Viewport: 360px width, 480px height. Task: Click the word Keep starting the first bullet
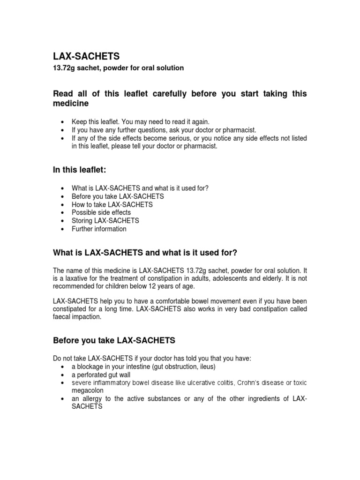[79, 121]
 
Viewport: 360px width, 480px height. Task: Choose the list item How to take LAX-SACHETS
[112, 204]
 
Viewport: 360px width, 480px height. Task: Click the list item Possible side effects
[101, 212]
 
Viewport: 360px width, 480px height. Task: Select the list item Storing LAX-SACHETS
[105, 220]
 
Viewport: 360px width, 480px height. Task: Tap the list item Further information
[98, 229]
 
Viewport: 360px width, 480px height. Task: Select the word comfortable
[160, 301]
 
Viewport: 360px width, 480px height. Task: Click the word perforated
[92, 375]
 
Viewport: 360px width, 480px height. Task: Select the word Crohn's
[250, 383]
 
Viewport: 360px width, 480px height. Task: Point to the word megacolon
[87, 390]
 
